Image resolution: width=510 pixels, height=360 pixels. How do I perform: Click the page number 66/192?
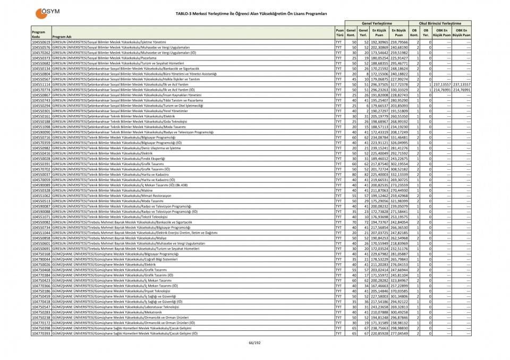[x=255, y=342]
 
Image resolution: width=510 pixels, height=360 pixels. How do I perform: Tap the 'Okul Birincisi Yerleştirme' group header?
[x=440, y=23]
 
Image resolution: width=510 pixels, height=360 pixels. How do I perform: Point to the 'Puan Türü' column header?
[x=339, y=32]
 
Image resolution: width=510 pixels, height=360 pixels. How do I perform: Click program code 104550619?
[x=41, y=41]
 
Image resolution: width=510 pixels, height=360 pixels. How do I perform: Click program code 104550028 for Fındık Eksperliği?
[x=41, y=158]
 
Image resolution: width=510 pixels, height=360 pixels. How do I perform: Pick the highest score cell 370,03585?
[x=399, y=291]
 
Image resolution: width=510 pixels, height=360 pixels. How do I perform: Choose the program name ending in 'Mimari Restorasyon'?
[x=117, y=195]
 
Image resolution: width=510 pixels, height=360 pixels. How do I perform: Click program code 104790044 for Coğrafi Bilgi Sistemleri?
[x=41, y=259]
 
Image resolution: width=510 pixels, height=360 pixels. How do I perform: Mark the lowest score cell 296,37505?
[x=378, y=84]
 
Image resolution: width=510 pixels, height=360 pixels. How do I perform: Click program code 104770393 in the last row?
[x=41, y=333]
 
